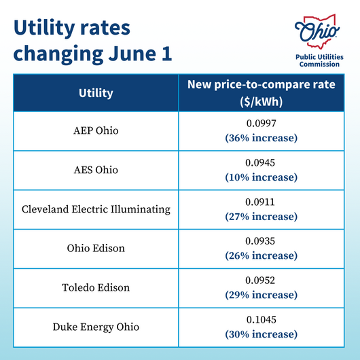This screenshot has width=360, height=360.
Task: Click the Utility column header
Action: tap(96, 93)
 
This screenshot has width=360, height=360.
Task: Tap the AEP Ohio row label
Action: tap(96, 130)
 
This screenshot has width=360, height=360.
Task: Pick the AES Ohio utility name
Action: tap(96, 170)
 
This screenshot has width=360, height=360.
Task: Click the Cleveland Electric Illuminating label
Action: tap(96, 209)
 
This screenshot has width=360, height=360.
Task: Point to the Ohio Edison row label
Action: tap(96, 249)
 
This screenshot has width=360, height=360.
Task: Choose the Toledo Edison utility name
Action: tap(96, 287)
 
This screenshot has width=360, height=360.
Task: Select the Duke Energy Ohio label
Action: tap(96, 327)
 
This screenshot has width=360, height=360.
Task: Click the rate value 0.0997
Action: tap(261, 124)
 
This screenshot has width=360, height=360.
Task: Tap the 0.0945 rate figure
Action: tap(261, 163)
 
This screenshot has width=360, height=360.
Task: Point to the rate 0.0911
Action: tap(261, 202)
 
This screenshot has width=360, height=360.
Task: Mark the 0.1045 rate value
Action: tap(261, 320)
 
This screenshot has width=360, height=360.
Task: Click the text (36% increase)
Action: tap(261, 138)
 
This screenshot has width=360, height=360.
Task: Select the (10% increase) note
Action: tap(261, 177)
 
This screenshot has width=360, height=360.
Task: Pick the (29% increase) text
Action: tap(261, 295)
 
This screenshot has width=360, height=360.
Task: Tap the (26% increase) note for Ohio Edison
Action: tap(261, 255)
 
